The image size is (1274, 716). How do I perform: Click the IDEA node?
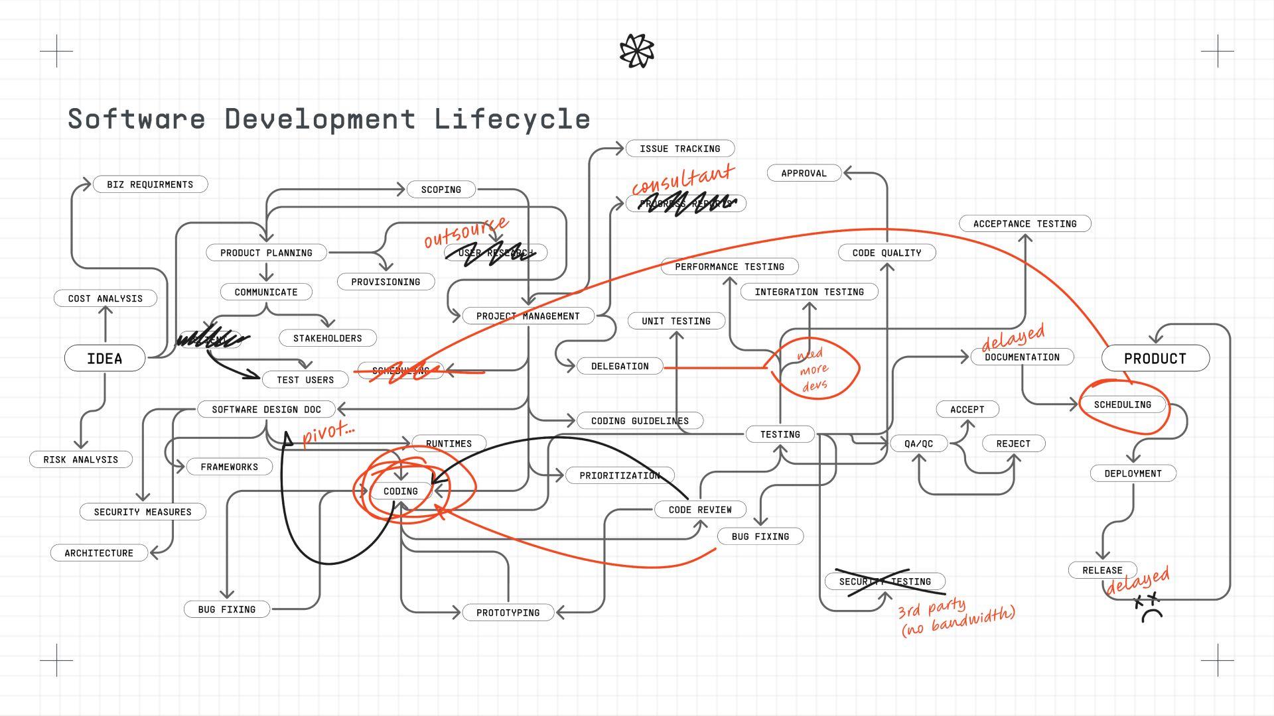(105, 359)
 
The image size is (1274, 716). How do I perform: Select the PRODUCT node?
(1155, 359)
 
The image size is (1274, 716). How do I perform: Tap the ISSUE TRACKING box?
(679, 149)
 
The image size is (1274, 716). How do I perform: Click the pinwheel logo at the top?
(636, 51)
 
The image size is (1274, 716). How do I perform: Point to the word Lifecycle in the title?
(512, 119)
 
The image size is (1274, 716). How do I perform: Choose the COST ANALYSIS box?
(105, 298)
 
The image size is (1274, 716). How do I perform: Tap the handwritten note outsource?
(466, 231)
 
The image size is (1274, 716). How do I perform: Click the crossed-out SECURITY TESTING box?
(885, 581)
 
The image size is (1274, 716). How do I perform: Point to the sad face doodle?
(1151, 609)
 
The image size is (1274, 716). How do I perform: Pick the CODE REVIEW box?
(700, 510)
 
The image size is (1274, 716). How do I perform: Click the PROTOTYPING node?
(508, 613)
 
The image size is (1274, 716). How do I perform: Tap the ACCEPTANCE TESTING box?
(1025, 224)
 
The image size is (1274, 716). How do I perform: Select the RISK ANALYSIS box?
(80, 459)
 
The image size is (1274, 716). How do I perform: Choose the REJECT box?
(1013, 444)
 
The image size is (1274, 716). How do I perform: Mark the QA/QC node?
(918, 444)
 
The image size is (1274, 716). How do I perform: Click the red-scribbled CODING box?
(401, 491)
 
